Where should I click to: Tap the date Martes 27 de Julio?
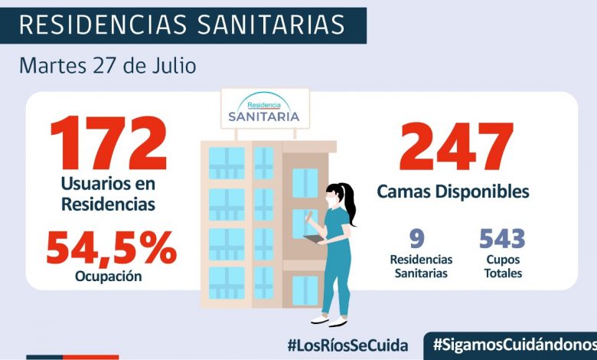107,66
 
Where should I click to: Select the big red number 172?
108,146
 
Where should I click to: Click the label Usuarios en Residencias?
108,195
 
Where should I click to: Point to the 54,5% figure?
111,247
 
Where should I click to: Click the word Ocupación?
109,277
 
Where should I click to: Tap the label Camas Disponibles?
453,191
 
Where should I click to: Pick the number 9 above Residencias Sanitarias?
416,238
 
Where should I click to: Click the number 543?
502,238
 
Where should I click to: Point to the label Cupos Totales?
502,267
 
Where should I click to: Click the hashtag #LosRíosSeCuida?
347,344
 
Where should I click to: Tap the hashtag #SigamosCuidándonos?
514,344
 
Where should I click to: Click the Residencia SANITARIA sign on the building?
264,110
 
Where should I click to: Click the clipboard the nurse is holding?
313,239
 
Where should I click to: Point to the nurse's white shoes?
330,319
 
